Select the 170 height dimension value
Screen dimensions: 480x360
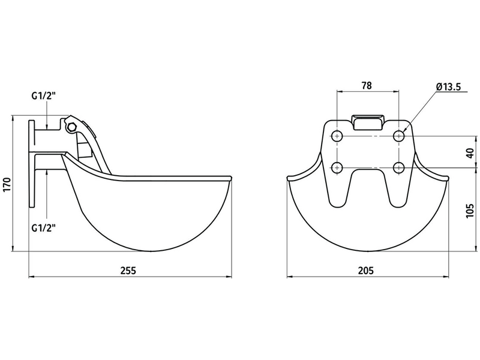(7, 185)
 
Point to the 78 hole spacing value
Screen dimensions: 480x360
(367, 85)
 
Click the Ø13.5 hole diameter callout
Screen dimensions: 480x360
(448, 87)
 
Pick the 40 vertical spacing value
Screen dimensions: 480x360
(470, 153)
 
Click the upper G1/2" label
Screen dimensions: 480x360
(44, 96)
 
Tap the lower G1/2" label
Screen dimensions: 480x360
(44, 228)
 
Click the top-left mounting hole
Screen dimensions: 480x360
(337, 136)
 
